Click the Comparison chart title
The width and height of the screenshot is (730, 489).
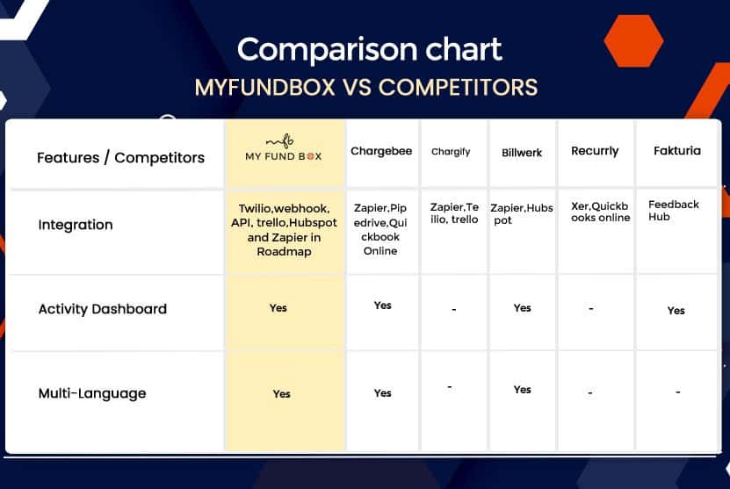(370, 49)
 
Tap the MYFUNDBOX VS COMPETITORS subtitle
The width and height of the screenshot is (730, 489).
(366, 88)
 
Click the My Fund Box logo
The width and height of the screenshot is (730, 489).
(284, 148)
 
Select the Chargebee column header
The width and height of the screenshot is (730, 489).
(381, 151)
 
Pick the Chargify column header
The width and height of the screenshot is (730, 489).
(451, 152)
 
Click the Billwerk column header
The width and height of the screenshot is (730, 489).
(522, 153)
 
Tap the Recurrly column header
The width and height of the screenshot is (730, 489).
(595, 151)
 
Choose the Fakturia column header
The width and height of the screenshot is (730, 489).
(677, 151)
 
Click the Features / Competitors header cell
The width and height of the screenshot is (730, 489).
(120, 158)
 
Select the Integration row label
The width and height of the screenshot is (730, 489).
(76, 226)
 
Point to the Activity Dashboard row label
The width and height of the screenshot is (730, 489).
(103, 309)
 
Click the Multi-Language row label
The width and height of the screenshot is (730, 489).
(92, 393)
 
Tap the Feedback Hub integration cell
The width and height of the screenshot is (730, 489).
(673, 211)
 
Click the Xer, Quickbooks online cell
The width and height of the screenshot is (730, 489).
(600, 212)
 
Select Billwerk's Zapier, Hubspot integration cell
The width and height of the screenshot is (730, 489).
(522, 214)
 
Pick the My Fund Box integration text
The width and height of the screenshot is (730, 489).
(284, 230)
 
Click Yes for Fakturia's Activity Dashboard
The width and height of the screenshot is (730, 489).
(676, 310)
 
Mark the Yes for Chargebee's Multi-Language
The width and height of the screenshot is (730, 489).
(383, 393)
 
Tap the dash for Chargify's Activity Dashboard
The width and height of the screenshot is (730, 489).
(454, 309)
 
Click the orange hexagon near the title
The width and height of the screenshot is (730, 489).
(633, 41)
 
